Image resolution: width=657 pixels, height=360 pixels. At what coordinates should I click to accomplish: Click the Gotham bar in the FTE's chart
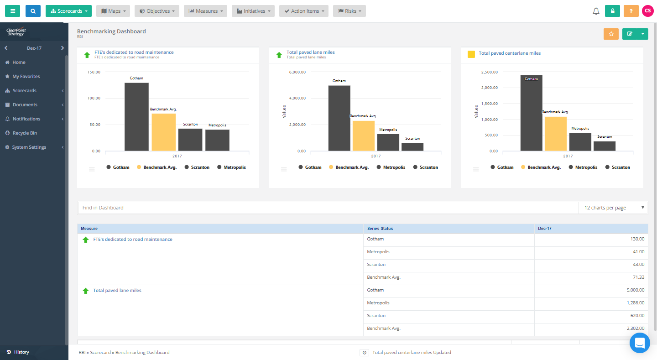[x=136, y=117]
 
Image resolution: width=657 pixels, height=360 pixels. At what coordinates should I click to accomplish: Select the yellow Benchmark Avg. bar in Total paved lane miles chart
[x=363, y=136]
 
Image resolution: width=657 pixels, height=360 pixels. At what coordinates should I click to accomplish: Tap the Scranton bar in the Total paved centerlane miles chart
[x=604, y=146]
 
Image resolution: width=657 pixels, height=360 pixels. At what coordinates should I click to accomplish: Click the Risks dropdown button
[x=349, y=11]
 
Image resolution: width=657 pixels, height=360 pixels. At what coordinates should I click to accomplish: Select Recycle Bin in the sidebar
[x=25, y=133]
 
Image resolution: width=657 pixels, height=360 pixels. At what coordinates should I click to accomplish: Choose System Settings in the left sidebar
[x=29, y=147]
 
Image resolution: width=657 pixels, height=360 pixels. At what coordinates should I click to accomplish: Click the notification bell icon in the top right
[x=596, y=11]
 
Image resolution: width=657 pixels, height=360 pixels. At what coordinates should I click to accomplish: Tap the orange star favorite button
[x=611, y=34]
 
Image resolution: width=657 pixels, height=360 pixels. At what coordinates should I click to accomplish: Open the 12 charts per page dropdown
[x=613, y=208]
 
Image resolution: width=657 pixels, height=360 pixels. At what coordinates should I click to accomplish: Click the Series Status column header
[x=380, y=229]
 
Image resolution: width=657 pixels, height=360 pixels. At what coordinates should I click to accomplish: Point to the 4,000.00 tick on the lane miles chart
[x=297, y=98]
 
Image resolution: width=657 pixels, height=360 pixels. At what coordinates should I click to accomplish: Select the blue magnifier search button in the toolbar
[x=33, y=11]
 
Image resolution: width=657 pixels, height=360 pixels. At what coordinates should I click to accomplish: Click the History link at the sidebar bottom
[x=21, y=352]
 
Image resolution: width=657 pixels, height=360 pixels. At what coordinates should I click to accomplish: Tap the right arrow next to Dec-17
[x=63, y=48]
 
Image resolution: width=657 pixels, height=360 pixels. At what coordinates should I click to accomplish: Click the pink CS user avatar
[x=647, y=11]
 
